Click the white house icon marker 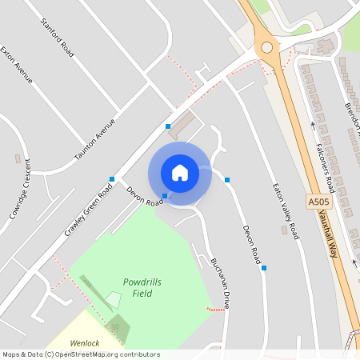pyautogui.click(x=180, y=172)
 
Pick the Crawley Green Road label pyautogui.click(x=88, y=210)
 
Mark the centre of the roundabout pyautogui.click(x=266, y=47)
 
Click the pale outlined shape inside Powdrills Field pyautogui.click(x=114, y=300)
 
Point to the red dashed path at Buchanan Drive pyautogui.click(x=214, y=309)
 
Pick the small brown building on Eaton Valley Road pyautogui.click(x=284, y=230)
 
